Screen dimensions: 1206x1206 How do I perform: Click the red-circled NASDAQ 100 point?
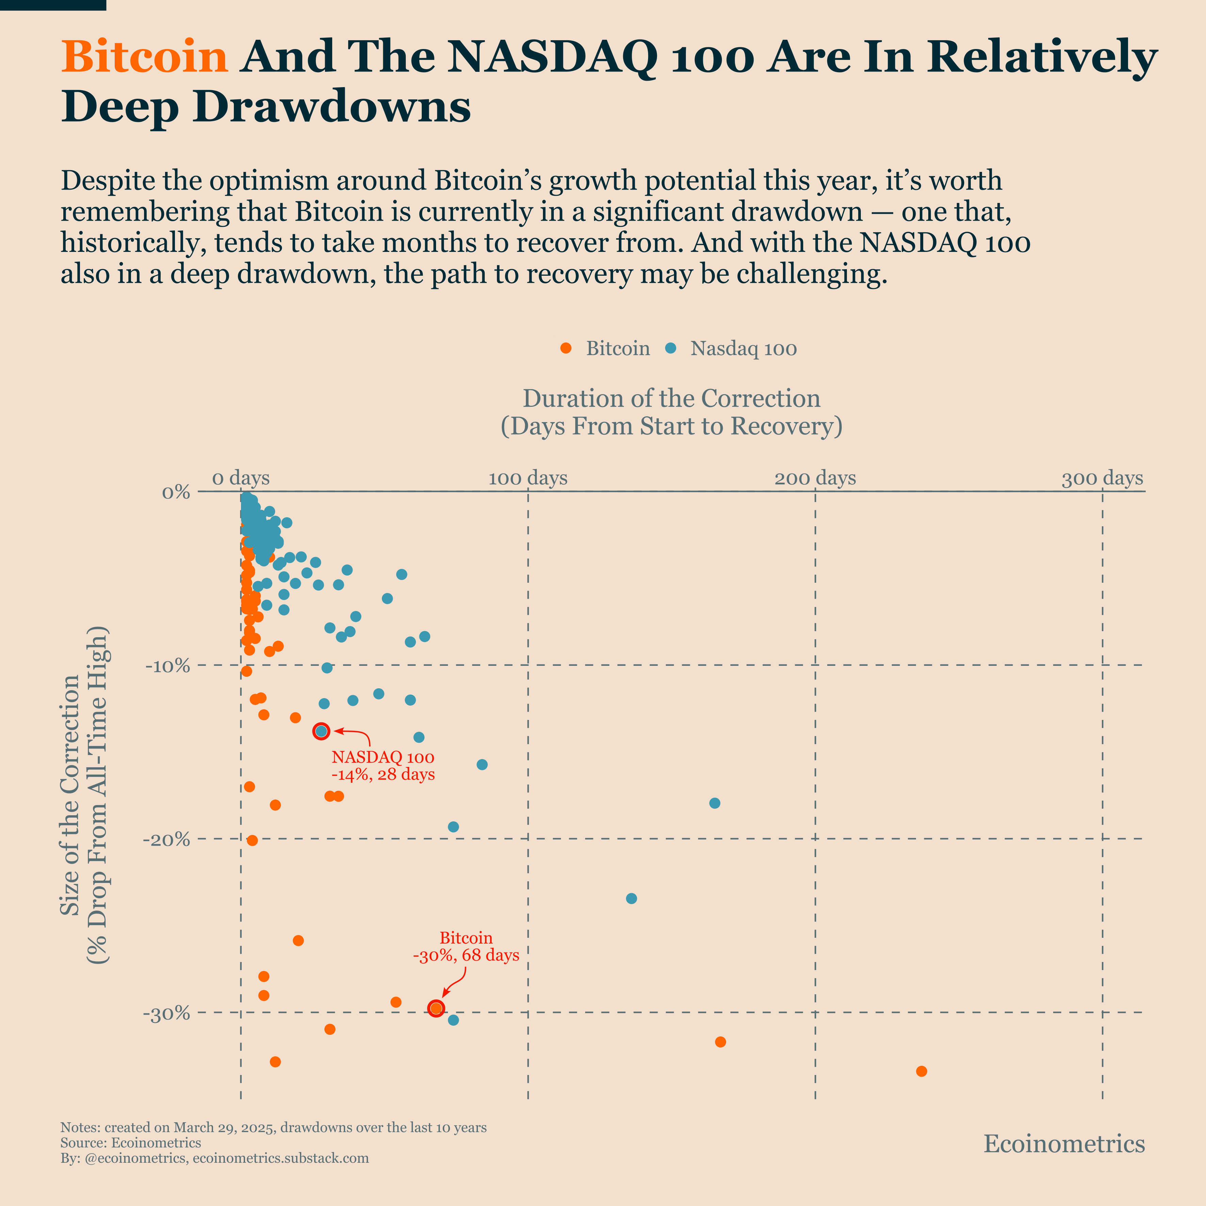[321, 731]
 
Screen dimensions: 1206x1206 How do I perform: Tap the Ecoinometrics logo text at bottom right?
[1064, 1144]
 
